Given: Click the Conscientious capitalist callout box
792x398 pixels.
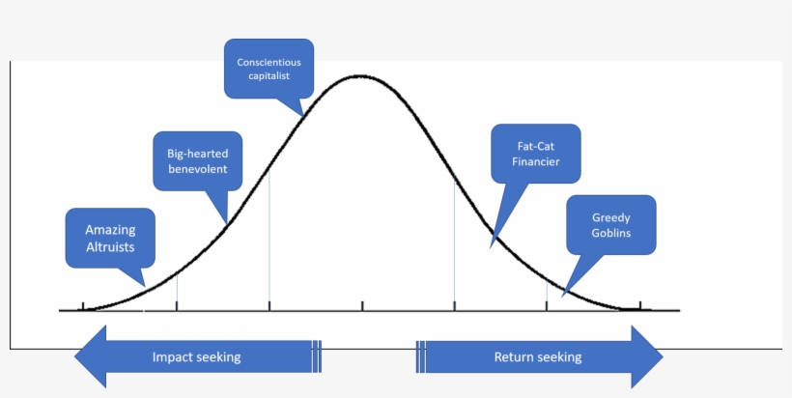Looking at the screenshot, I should pyautogui.click(x=269, y=69).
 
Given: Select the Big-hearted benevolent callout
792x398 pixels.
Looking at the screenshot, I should pyautogui.click(x=197, y=160).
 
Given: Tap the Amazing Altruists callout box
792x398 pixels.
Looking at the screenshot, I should pyautogui.click(x=109, y=238).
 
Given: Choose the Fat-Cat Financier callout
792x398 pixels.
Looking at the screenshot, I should pyautogui.click(x=535, y=154).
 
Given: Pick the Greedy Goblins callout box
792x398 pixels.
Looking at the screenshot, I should pyautogui.click(x=610, y=225).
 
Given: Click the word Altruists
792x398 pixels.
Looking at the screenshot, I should pyautogui.click(x=109, y=246).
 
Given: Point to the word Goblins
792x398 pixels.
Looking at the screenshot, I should pyautogui.click(x=610, y=234).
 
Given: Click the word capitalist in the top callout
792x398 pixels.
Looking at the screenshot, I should pyautogui.click(x=269, y=76).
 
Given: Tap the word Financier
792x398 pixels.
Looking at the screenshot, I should pyautogui.click(x=535, y=162).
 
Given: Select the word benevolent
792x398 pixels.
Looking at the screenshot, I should pyautogui.click(x=197, y=169).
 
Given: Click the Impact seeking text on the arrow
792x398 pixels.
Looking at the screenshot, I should pyautogui.click(x=196, y=357).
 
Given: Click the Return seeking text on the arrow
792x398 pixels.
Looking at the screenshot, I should pyautogui.click(x=538, y=357).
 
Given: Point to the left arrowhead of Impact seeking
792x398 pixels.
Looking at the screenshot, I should pyautogui.click(x=90, y=356).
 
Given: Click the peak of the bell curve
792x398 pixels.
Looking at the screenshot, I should pyautogui.click(x=359, y=75).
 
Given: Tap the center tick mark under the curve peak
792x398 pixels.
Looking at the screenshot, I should pyautogui.click(x=362, y=307).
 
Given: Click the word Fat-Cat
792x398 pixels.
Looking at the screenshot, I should pyautogui.click(x=535, y=145).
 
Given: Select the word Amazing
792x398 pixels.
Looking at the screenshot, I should pyautogui.click(x=109, y=230).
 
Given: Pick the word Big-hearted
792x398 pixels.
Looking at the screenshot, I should pyautogui.click(x=197, y=152).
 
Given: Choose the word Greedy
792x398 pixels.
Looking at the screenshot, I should pyautogui.click(x=610, y=217).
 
